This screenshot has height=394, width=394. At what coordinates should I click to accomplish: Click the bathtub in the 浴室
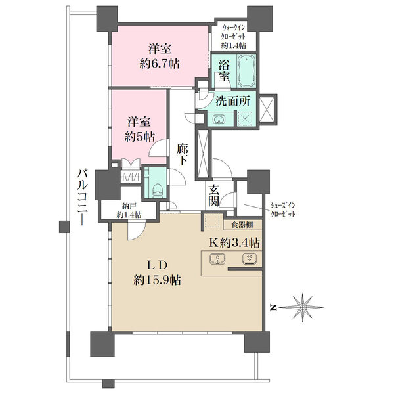[247, 71]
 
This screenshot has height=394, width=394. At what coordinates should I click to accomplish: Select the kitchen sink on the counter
[217, 259]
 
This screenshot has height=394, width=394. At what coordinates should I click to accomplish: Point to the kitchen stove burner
[250, 259]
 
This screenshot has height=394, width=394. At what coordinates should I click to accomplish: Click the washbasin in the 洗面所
[219, 119]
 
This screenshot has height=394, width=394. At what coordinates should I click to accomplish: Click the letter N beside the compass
[273, 307]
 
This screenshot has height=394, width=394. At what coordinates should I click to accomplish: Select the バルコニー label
[83, 197]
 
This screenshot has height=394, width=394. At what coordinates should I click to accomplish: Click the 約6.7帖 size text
[160, 64]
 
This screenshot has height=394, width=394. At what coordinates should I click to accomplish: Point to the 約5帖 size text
[139, 137]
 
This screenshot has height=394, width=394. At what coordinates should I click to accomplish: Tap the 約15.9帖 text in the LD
[157, 280]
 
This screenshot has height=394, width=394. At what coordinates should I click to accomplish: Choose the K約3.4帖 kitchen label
[234, 243]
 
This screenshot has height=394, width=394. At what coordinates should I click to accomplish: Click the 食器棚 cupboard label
[242, 225]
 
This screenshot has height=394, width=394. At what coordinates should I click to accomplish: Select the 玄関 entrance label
[214, 196]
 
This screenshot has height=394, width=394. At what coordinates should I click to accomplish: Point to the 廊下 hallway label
[182, 154]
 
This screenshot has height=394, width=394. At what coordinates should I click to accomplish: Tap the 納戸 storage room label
[129, 207]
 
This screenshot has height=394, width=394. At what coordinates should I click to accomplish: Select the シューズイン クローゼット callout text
[282, 210]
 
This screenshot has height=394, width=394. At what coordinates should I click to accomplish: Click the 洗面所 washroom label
[233, 101]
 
